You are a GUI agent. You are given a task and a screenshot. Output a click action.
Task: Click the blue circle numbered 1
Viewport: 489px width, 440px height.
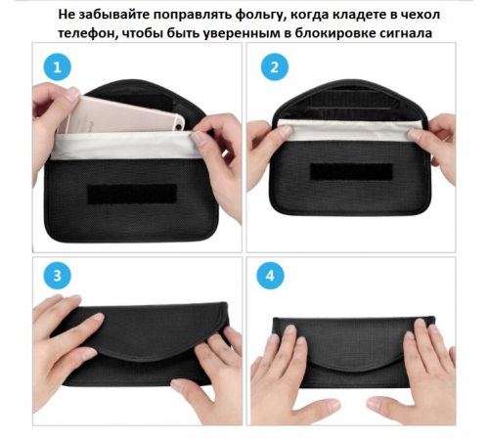(58, 68)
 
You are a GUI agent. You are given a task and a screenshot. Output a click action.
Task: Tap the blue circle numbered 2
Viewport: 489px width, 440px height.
(274, 68)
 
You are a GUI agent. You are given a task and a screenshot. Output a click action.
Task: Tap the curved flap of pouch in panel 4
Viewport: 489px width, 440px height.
(352, 341)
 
